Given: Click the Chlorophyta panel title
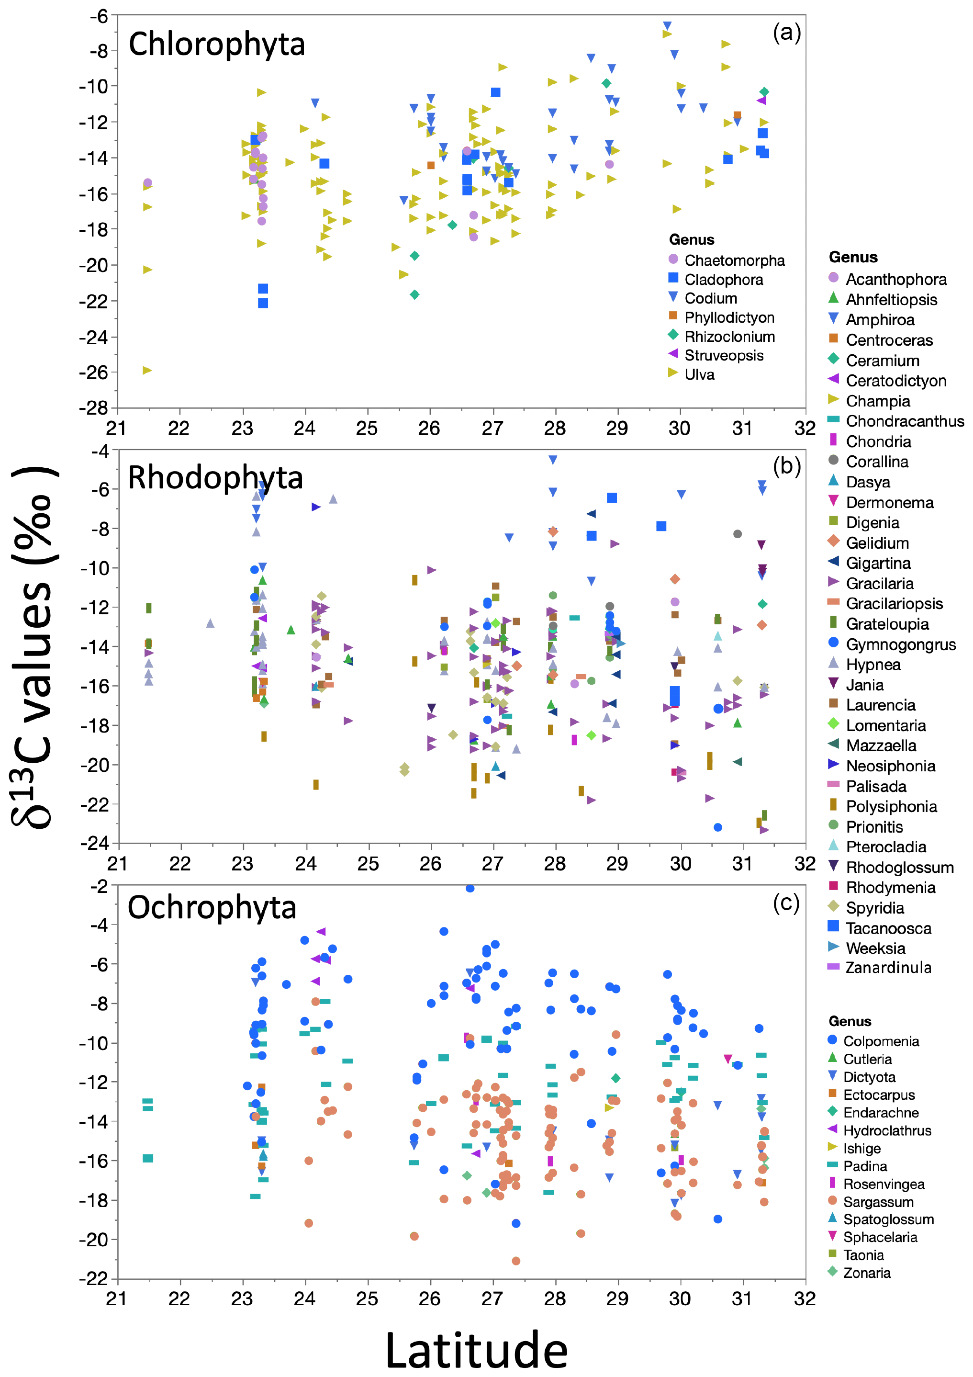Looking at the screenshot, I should (x=216, y=45).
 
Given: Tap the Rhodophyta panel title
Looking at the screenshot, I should (x=215, y=478).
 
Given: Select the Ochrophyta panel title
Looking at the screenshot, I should (x=212, y=907).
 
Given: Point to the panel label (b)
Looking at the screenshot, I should (x=786, y=466).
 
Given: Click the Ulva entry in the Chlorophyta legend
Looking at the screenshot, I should (x=699, y=375).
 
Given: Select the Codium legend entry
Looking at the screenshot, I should (x=710, y=298).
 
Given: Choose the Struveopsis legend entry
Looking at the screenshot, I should (x=724, y=356).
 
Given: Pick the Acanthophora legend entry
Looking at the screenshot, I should (x=895, y=280).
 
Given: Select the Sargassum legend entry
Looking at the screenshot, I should (x=878, y=1202).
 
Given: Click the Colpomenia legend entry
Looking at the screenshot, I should (x=881, y=1041).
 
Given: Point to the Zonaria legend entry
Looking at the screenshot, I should (x=866, y=1273).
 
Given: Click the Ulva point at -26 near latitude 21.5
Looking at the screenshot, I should (x=147, y=371).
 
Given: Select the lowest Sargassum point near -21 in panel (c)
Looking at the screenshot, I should (x=515, y=1261).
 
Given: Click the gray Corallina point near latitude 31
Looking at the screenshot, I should (x=738, y=534).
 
